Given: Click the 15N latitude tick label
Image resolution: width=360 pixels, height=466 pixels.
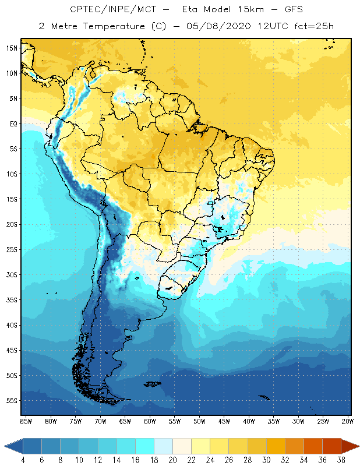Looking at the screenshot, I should (12, 48).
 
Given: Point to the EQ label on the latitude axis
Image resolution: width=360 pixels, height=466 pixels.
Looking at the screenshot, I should (13, 123).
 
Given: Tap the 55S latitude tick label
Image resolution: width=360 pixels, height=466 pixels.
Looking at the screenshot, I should (12, 401).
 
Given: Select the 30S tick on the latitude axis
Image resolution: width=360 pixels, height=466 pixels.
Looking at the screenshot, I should (12, 274).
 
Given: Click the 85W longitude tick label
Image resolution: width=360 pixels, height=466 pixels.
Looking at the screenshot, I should (26, 421).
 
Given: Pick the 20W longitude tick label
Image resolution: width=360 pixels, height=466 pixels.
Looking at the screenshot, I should (347, 421).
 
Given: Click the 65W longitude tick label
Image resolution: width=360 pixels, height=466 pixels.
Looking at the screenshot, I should (125, 421).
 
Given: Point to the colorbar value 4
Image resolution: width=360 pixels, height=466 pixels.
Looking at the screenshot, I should (23, 460).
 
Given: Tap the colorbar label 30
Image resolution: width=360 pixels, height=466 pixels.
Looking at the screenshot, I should (266, 460).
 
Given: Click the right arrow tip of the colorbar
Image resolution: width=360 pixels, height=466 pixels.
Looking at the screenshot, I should (358, 446).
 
